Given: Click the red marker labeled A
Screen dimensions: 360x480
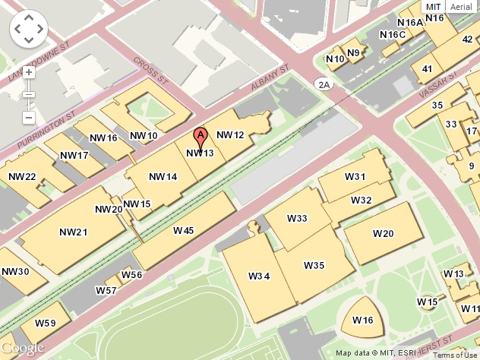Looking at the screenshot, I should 201,137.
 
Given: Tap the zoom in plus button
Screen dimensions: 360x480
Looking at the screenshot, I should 28,73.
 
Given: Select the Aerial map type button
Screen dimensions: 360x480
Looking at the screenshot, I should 460,6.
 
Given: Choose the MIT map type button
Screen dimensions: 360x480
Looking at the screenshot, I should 434,6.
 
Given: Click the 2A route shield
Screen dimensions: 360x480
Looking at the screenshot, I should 325,84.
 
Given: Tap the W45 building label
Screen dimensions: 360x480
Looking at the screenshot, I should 183,230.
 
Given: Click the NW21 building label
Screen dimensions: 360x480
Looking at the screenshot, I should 74,232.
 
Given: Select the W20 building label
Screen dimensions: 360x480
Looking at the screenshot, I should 384,233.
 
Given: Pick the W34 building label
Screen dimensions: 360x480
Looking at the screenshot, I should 259,276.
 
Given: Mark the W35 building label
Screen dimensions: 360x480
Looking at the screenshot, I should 314,265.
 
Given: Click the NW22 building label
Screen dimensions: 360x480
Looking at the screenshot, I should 22,177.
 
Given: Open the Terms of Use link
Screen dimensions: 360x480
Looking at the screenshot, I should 455,355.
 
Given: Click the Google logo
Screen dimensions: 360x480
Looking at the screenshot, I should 23,348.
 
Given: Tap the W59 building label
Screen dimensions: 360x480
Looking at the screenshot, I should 45,324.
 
